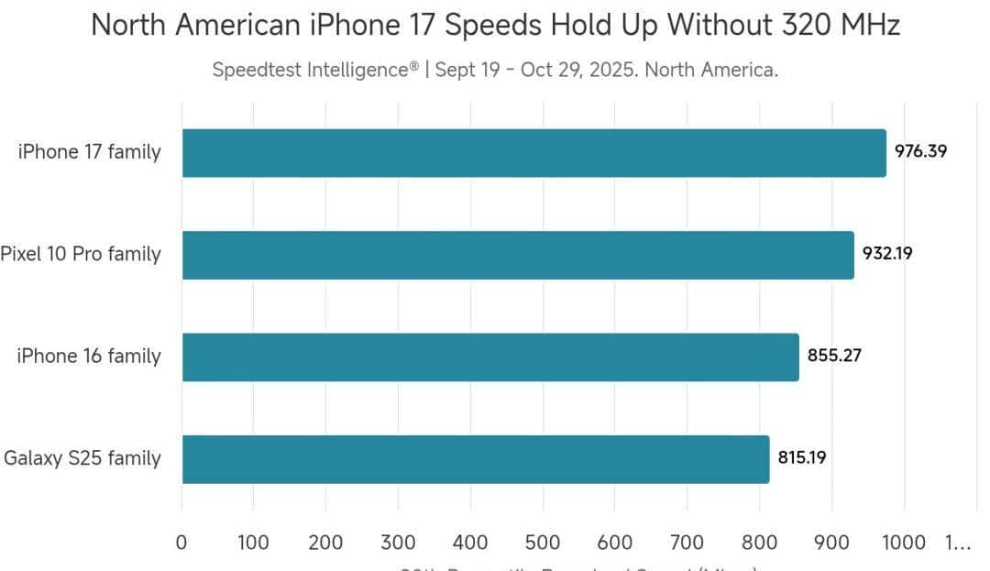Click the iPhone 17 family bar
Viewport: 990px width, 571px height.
click(533, 153)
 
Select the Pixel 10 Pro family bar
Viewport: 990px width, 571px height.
click(518, 255)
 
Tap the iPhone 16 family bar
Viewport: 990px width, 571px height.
click(490, 357)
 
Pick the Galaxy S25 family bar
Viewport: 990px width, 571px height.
click(475, 459)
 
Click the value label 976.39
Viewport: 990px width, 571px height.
click(920, 152)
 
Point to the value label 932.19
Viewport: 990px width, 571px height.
click(886, 254)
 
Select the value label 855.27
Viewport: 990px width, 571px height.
click(834, 356)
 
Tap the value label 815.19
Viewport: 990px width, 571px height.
click(802, 458)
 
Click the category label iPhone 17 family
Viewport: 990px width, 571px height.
click(89, 152)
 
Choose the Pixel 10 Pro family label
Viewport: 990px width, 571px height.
click(81, 254)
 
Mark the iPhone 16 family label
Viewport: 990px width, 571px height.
click(89, 356)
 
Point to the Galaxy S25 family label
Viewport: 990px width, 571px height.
click(82, 458)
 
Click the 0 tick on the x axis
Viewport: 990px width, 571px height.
click(181, 543)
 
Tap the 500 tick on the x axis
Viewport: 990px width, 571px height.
click(543, 543)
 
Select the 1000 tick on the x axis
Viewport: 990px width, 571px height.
click(904, 543)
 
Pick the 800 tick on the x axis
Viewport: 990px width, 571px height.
click(760, 543)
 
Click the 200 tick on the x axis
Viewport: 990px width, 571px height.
click(325, 543)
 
